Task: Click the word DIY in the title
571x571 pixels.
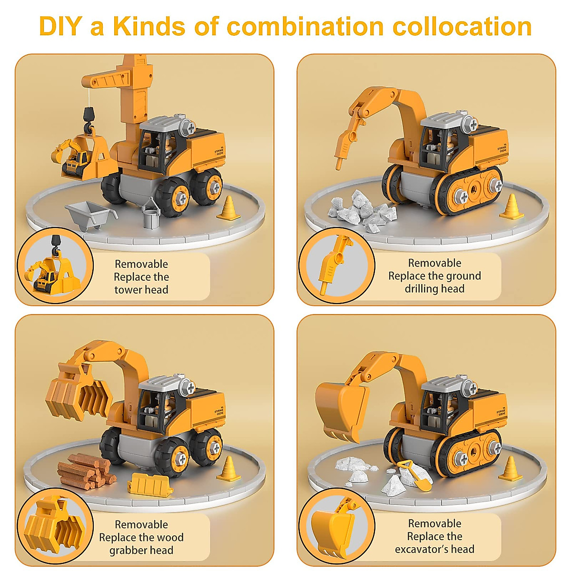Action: (60, 27)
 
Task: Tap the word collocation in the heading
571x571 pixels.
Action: (462, 27)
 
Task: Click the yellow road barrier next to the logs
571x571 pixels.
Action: (150, 484)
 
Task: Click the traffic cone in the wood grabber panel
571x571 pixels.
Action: (229, 468)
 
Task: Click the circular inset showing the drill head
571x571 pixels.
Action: (336, 266)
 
